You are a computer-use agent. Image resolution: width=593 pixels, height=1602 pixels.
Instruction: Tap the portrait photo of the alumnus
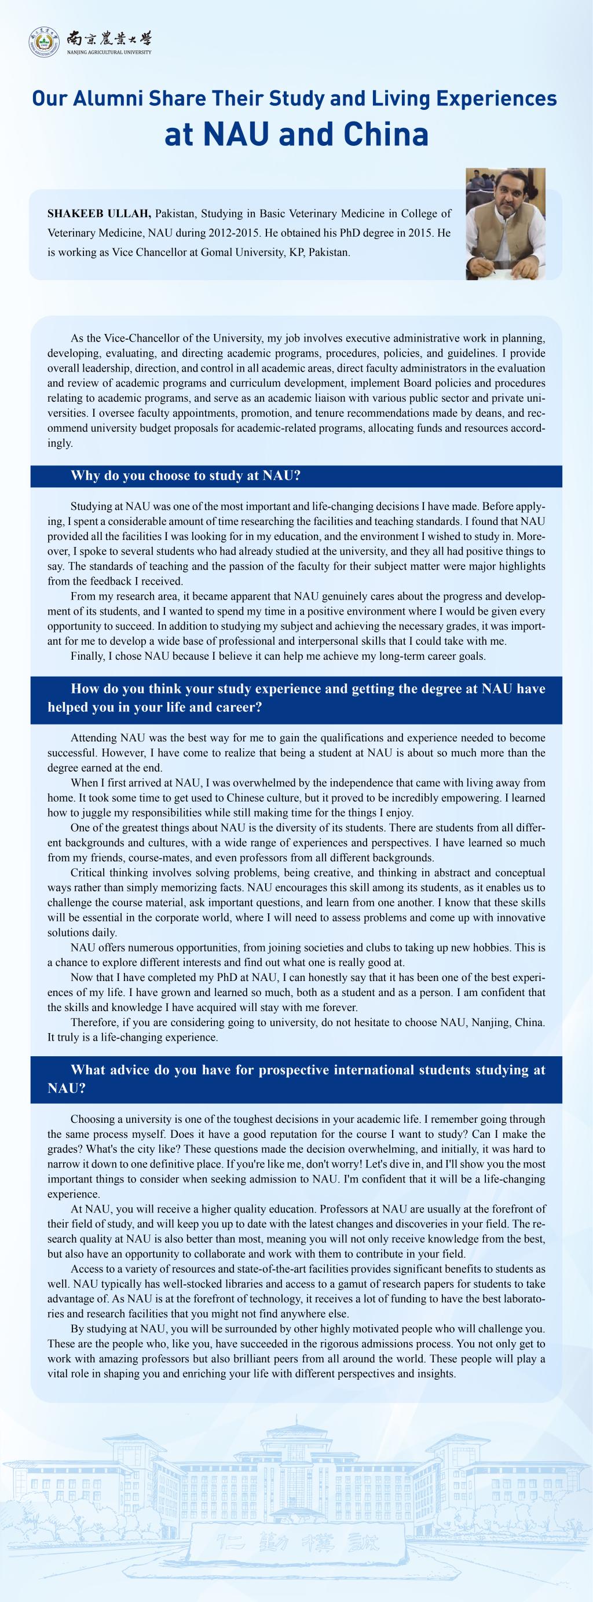pyautogui.click(x=505, y=224)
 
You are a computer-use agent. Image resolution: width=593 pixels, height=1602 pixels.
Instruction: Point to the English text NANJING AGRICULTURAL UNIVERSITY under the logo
pyautogui.click(x=109, y=53)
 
